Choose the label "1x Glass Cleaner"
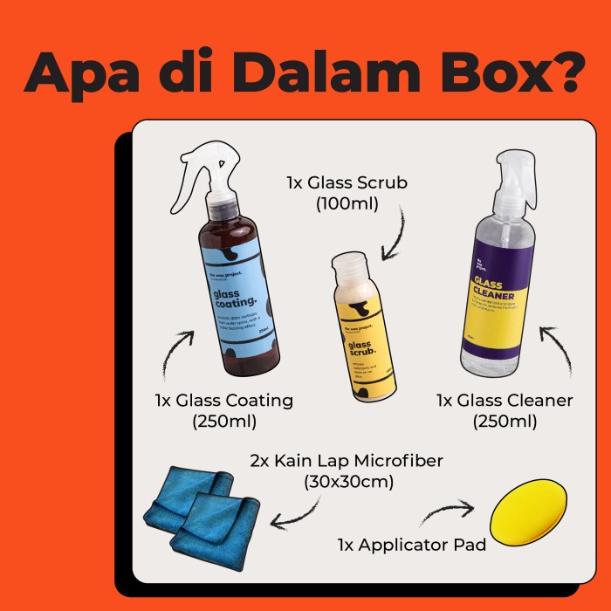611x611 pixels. click(x=505, y=401)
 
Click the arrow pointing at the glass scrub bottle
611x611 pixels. click(x=394, y=234)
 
